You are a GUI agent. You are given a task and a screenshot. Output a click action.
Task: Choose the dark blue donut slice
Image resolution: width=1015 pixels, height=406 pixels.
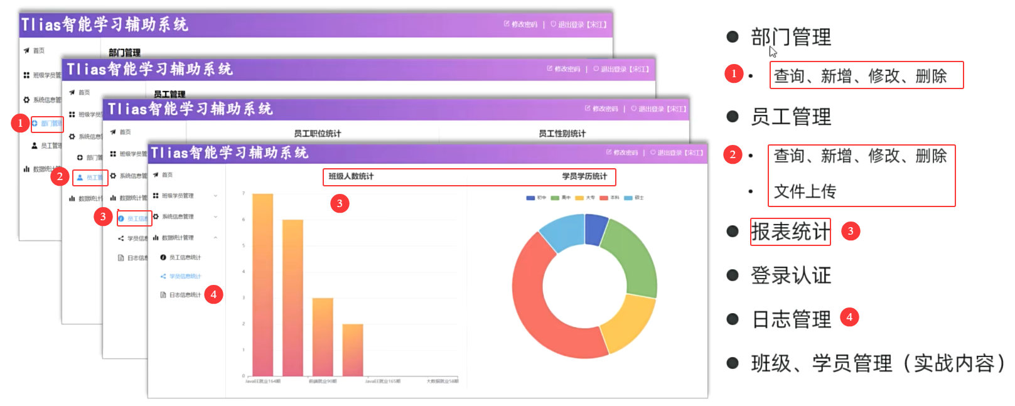point(595,229)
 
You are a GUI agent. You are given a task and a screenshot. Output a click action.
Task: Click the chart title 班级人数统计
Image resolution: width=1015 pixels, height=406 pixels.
point(351,176)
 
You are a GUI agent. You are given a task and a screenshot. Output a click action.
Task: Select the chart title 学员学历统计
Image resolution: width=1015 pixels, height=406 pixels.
point(584,176)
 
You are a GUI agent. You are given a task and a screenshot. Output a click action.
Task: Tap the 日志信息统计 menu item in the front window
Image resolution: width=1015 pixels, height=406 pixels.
point(185,295)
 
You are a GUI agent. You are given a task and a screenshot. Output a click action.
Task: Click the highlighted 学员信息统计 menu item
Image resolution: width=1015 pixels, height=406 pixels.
point(185,276)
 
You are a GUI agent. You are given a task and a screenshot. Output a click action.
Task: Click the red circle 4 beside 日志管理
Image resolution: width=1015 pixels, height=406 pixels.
point(849,318)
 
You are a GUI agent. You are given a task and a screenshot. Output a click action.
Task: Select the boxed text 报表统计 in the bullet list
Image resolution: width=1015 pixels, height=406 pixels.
point(790,232)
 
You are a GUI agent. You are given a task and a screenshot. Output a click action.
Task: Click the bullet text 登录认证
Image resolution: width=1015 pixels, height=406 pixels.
point(791,275)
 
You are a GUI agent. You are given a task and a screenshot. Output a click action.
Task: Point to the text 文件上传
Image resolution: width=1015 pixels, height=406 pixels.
point(805,191)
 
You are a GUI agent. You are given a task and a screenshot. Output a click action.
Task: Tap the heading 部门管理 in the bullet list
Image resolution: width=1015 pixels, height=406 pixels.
point(791,37)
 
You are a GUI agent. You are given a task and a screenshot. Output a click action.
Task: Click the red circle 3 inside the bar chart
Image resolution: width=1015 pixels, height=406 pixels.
point(340,203)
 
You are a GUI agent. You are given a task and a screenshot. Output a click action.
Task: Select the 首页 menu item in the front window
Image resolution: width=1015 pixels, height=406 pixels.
point(167,175)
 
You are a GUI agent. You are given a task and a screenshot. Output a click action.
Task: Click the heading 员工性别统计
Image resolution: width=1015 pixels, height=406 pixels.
point(562,134)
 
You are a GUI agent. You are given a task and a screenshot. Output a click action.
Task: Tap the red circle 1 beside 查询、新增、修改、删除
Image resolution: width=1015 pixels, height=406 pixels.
point(734,74)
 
